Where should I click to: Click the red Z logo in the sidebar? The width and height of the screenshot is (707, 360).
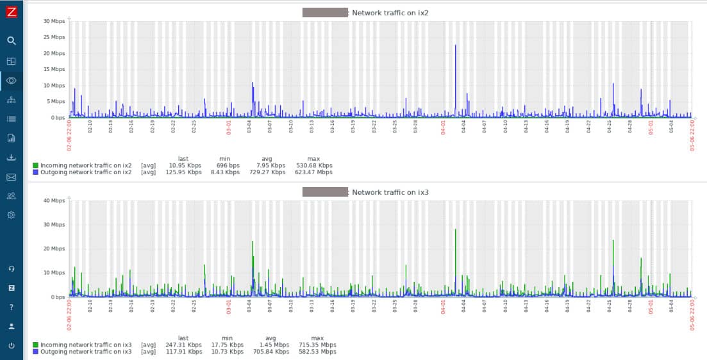[x=11, y=12]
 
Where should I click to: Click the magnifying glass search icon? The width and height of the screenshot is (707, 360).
[x=11, y=40]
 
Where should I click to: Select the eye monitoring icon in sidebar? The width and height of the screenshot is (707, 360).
[x=11, y=80]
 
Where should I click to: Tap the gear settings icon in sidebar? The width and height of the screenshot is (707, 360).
[x=11, y=215]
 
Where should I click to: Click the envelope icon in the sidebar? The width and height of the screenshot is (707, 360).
[x=11, y=177]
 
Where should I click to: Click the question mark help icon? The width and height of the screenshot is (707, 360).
[x=11, y=307]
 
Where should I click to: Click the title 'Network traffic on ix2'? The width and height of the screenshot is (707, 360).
[x=381, y=13]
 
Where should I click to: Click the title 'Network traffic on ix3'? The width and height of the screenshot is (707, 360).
[x=381, y=192]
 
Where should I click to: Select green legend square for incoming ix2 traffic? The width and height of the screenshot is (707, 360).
[x=35, y=165]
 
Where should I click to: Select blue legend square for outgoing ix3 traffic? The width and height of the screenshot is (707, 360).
[x=35, y=352]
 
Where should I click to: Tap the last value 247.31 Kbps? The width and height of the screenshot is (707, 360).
[x=183, y=345]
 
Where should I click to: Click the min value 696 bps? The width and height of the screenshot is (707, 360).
[x=228, y=165]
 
